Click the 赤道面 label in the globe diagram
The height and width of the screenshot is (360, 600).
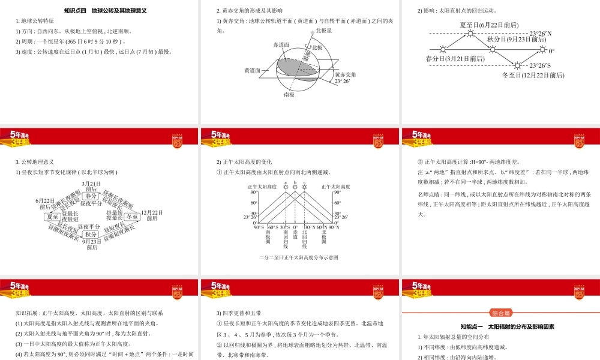[281, 44]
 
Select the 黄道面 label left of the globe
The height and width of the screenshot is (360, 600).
[252, 70]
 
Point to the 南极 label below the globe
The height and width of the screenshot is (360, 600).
[289, 94]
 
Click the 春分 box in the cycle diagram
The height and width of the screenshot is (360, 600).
[91, 196]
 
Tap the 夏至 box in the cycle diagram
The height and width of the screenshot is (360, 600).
[53, 216]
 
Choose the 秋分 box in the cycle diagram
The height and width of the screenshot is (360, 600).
[91, 234]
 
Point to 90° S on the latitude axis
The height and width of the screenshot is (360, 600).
[259, 227]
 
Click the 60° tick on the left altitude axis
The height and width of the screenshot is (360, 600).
[254, 202]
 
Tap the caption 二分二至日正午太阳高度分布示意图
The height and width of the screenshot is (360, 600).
[299, 257]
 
